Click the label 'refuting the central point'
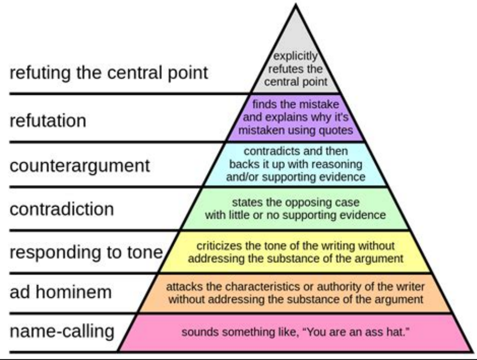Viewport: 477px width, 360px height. coord(108,73)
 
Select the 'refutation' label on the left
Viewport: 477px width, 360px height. coord(48,120)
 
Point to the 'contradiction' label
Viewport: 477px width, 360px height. coord(62,209)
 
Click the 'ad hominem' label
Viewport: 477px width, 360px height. coord(61,292)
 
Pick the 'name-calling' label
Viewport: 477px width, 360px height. coord(62,332)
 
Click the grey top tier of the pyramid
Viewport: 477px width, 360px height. coord(295,61)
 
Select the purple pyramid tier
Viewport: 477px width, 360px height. coord(295,118)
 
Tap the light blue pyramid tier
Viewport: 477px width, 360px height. coord(295,164)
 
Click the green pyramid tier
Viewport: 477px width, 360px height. coord(295,209)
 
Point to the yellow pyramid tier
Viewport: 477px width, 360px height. coord(295,252)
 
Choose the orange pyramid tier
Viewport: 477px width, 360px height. coord(295,293)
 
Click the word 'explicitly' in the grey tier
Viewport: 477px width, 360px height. coord(295,56)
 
